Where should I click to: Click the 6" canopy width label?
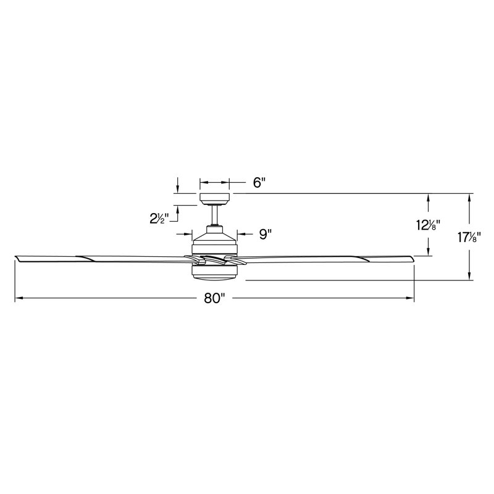[259, 183]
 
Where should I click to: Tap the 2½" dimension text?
[159, 218]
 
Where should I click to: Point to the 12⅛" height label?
[428, 225]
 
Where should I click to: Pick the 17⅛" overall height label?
[470, 237]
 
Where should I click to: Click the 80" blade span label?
[212, 299]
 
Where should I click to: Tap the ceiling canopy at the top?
[215, 198]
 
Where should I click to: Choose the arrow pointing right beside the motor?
[188, 234]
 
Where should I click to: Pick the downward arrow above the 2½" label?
[178, 188]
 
